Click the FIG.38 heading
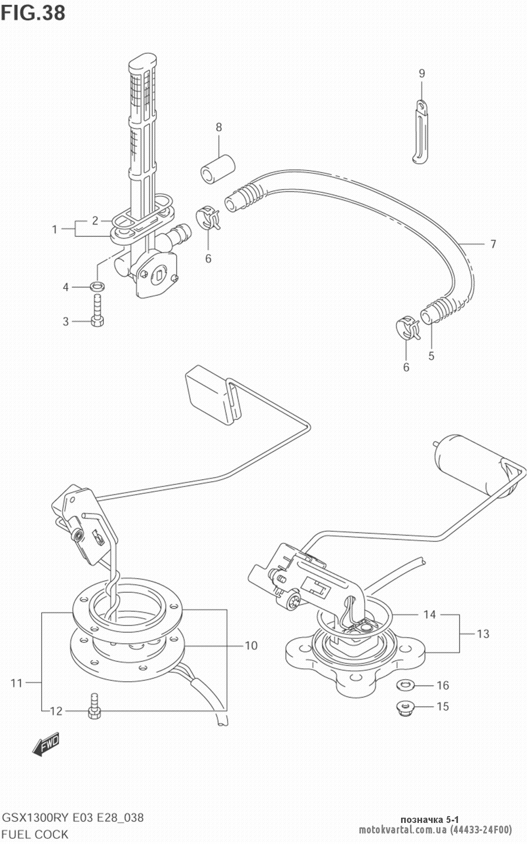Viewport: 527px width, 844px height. click(33, 13)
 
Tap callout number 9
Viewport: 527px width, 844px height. click(422, 74)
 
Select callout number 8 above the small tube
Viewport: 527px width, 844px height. click(219, 127)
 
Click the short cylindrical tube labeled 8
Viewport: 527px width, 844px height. click(218, 170)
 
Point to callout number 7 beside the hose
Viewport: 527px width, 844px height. click(493, 244)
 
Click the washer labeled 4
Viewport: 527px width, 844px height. click(97, 286)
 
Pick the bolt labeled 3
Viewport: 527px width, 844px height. click(97, 311)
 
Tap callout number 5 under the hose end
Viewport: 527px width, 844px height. click(431, 356)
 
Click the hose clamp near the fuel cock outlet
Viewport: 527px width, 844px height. click(208, 217)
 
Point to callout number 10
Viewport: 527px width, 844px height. click(251, 646)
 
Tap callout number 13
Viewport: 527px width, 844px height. click(483, 634)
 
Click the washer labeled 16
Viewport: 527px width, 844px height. click(406, 684)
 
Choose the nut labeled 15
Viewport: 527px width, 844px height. click(406, 708)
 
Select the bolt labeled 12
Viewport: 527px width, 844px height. click(94, 706)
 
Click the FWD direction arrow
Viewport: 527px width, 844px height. click(46, 743)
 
